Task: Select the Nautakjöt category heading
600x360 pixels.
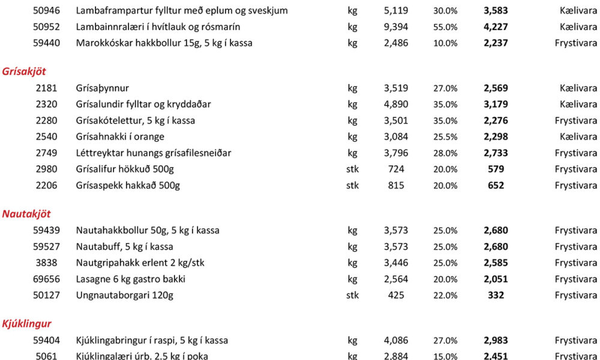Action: coord(26,214)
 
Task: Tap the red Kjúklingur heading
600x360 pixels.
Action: coord(26,325)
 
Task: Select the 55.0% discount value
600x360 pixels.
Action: coord(445,27)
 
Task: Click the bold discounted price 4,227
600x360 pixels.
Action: coord(496,27)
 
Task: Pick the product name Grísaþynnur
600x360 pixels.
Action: coord(102,88)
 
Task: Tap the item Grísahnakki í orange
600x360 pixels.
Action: coord(120,137)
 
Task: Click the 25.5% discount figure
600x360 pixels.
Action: coord(445,137)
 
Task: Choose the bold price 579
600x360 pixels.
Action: coord(496,169)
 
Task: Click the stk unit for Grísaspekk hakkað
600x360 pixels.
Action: coord(352,185)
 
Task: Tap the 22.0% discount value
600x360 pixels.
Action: coord(445,295)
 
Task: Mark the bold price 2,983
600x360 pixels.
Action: coord(496,341)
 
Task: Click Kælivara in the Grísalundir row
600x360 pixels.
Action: coord(578,104)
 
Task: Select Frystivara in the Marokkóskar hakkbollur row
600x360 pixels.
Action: coord(575,43)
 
